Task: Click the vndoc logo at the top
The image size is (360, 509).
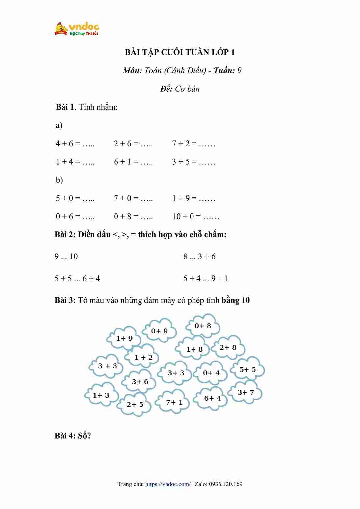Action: [77, 29]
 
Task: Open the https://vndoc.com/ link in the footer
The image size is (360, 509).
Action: [168, 484]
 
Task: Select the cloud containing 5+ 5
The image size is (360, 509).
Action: [247, 370]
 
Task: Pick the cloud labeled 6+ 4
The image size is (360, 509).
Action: [212, 398]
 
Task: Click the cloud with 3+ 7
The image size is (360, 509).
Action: [245, 392]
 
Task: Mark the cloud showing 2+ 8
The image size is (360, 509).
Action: [228, 348]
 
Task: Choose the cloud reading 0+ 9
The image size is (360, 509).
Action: [159, 331]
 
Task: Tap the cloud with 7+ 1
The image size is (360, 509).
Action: [174, 402]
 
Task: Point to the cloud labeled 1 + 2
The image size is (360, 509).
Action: [143, 357]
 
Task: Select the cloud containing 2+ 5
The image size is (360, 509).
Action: [135, 404]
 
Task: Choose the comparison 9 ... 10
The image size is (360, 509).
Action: [66, 256]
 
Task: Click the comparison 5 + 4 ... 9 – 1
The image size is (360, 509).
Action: [205, 279]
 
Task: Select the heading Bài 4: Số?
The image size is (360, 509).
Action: [73, 436]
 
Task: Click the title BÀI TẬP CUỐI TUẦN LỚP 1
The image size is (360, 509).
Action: [180, 52]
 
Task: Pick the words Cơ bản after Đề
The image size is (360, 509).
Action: [187, 89]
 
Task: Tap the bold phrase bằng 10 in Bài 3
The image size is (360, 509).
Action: [236, 300]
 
